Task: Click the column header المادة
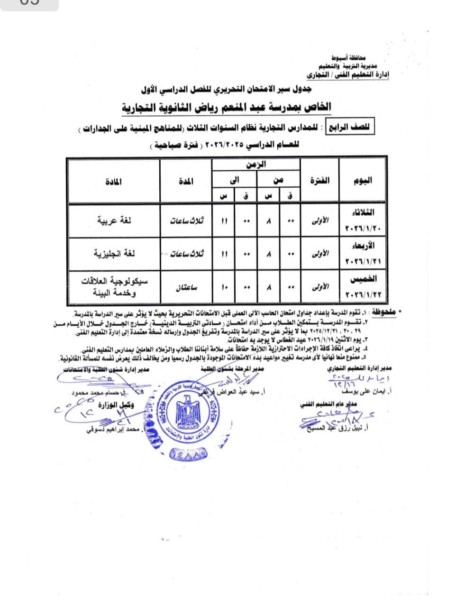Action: click(x=114, y=182)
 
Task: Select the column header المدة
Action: click(x=186, y=182)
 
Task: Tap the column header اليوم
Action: click(x=363, y=181)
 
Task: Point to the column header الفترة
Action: click(x=319, y=181)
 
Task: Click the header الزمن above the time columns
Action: click(x=256, y=165)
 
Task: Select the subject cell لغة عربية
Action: click(x=114, y=221)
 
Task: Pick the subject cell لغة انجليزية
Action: click(x=114, y=254)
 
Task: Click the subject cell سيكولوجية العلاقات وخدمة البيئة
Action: click(x=114, y=287)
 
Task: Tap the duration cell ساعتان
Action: click(x=186, y=287)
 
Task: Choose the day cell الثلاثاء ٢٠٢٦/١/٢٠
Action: click(x=363, y=221)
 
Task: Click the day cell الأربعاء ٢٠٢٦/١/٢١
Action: click(x=363, y=254)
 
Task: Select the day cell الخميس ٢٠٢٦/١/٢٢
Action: click(x=363, y=287)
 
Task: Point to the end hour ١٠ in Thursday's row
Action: click(x=224, y=287)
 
